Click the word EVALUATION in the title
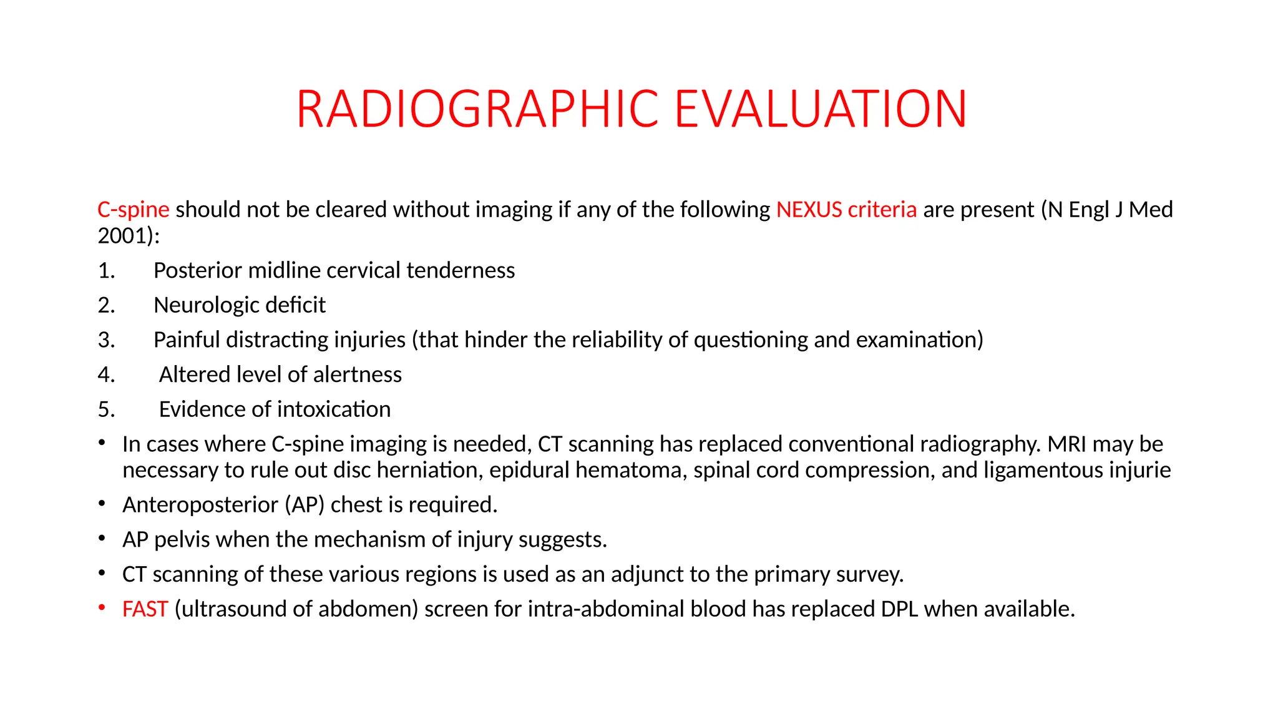point(821,109)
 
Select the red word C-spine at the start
point(133,210)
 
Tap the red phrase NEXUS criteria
point(846,210)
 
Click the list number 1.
point(106,271)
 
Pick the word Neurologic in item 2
point(200,306)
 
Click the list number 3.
point(106,340)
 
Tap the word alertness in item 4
point(358,375)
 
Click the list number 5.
point(106,410)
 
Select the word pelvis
point(182,540)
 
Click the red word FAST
point(145,609)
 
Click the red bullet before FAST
point(102,608)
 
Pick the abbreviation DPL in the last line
point(899,609)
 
